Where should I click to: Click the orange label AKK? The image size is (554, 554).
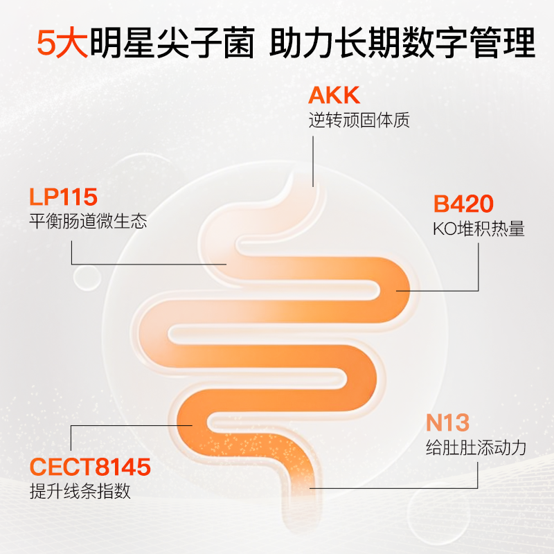pos(334,96)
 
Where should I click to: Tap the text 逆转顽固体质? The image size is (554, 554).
pos(359,120)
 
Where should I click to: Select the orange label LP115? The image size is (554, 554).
pos(63,197)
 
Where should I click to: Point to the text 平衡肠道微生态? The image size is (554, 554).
pos(88,222)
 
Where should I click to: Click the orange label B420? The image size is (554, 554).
pos(463,204)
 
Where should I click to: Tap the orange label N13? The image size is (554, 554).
pos(447,422)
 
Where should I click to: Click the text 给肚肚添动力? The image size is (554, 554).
pos(476,447)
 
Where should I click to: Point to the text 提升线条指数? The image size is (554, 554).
pos(80,492)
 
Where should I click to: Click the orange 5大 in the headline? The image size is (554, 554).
pos(59,44)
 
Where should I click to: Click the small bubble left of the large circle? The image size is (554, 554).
pos(88,278)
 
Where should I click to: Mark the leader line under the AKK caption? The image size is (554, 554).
pos(313,159)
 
